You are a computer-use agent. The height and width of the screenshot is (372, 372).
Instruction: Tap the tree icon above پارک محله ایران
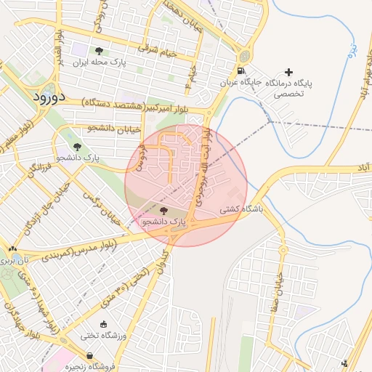pos(99,50)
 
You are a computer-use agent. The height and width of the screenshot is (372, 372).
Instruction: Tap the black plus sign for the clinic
pos(290,71)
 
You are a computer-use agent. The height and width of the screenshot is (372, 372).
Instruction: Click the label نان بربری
pos(16,259)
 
